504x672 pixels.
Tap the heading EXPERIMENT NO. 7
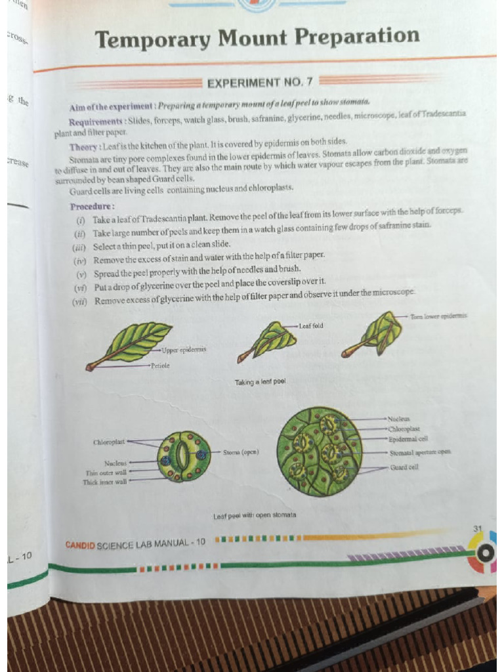(260, 83)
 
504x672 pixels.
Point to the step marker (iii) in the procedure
(80, 246)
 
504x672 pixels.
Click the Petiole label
(160, 366)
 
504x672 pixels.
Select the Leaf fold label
(310, 325)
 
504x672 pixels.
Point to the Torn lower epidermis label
(438, 316)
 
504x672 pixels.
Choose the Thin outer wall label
(106, 472)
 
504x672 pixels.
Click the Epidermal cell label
(408, 438)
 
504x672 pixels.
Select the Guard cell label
(404, 467)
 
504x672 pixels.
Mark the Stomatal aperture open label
(420, 452)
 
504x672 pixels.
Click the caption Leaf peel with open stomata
(255, 516)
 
